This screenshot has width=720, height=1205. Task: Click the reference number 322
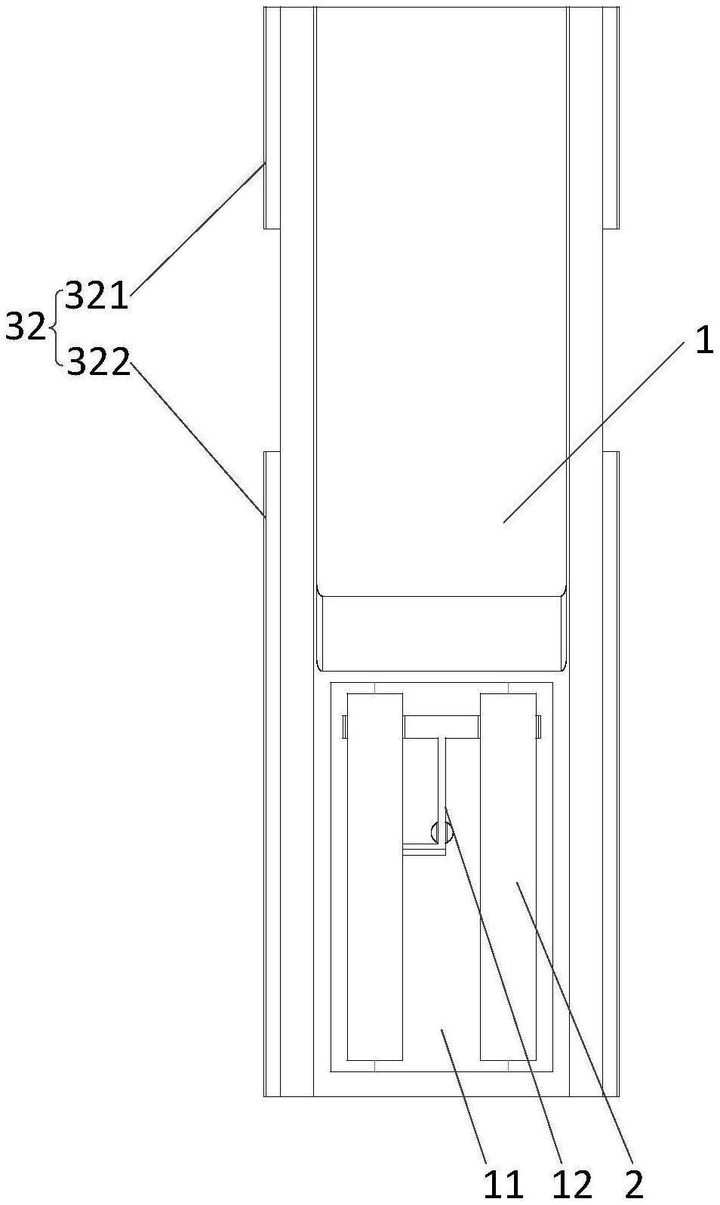[x=99, y=364]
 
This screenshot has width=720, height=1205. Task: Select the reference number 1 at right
[x=703, y=341]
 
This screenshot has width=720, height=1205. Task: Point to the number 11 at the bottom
[x=504, y=1185]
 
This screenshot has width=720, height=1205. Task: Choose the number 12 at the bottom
[x=572, y=1185]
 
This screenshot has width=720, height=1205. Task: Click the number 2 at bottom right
[x=635, y=1185]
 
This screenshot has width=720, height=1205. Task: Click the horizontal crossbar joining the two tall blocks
[x=441, y=727]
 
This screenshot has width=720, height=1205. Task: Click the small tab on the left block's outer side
[x=343, y=726]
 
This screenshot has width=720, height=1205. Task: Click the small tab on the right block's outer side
[x=539, y=726]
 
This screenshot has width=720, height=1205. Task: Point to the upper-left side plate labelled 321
[x=272, y=117]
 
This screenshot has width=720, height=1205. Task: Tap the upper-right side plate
[x=611, y=117]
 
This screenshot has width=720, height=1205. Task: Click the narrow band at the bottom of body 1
[x=441, y=632]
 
